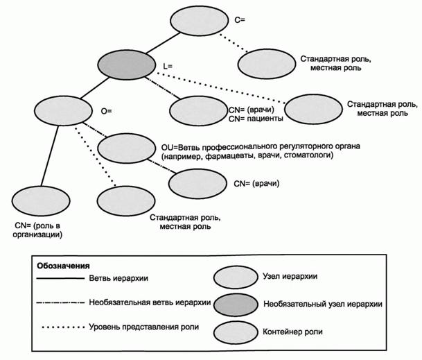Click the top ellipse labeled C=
point(197,21)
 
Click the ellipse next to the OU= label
point(125,148)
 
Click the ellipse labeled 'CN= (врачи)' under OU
point(196,185)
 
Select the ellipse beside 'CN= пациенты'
point(196,110)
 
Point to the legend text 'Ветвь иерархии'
point(118,279)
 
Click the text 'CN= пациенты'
point(256,119)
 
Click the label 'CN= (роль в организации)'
point(39,230)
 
